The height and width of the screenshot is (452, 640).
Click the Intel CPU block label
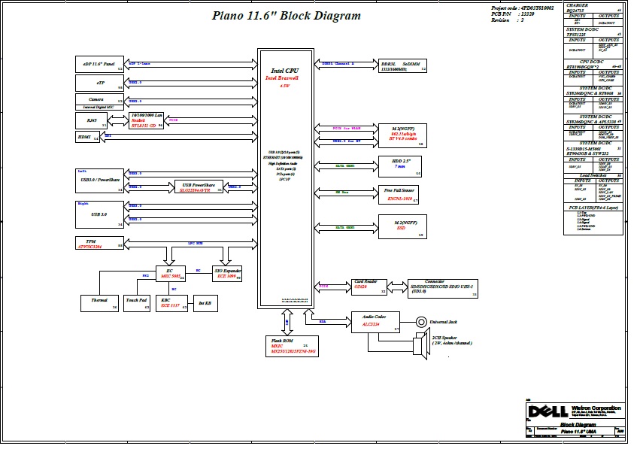(284, 71)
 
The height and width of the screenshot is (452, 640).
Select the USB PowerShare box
(199, 187)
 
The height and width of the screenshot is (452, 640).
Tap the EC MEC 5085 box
(170, 275)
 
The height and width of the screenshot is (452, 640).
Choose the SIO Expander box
(227, 275)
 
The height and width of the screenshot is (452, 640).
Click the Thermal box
(99, 302)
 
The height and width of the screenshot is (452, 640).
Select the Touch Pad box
(137, 302)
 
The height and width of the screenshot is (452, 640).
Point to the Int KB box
(205, 303)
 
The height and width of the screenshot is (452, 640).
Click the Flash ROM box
(292, 346)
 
